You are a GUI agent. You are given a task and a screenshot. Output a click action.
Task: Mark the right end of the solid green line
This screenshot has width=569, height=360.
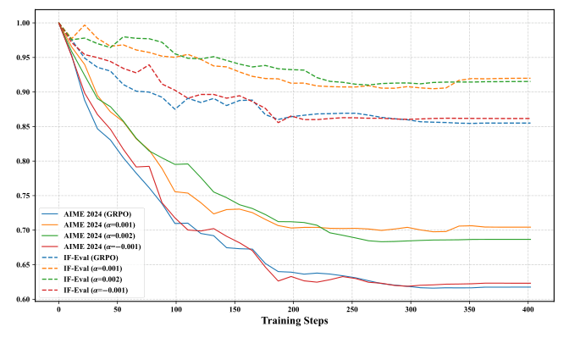(530, 239)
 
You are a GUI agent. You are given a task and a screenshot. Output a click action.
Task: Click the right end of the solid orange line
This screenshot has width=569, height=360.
(530, 227)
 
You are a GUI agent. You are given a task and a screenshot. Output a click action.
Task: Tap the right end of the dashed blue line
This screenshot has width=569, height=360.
(530, 123)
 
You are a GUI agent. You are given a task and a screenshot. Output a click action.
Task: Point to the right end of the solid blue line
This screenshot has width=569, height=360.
(530, 287)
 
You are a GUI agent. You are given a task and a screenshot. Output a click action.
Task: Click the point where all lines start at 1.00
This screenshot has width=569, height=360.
(58, 23)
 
